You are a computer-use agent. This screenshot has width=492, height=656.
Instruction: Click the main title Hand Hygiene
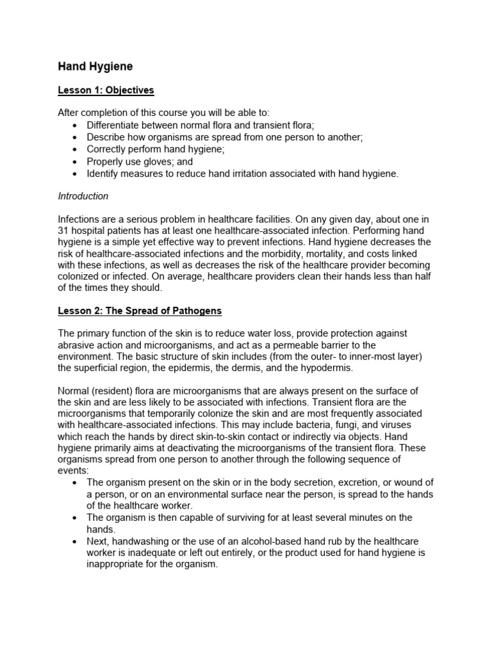(95, 66)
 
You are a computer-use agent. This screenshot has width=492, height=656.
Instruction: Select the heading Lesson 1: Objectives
(106, 90)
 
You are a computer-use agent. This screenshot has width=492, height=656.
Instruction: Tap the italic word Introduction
(83, 196)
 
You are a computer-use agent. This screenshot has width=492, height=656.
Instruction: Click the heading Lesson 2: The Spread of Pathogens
(140, 311)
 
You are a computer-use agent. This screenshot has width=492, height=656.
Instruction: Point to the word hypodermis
(326, 368)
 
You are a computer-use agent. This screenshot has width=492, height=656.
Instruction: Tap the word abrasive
(78, 345)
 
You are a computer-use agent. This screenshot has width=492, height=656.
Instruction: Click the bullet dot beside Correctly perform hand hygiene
(77, 150)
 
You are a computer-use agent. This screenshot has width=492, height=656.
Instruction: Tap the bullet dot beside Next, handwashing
(77, 541)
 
